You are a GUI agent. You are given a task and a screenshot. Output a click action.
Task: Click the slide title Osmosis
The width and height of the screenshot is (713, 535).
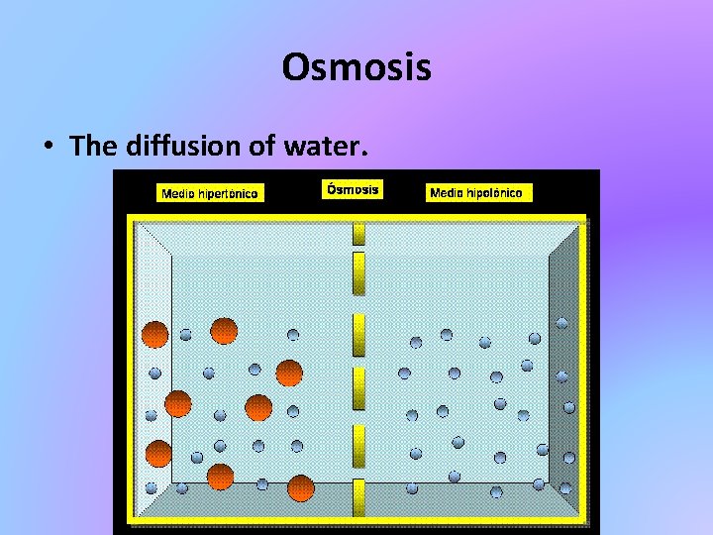tap(356, 67)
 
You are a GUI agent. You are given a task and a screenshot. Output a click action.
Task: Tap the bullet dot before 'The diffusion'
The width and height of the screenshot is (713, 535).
tap(48, 148)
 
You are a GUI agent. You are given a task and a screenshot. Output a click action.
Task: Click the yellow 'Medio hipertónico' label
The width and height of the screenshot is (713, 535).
tap(210, 193)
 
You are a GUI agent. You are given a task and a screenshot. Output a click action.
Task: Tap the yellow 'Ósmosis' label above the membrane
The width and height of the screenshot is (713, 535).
tap(354, 189)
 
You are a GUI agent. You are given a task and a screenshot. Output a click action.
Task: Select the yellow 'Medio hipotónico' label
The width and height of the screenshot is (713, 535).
tap(480, 192)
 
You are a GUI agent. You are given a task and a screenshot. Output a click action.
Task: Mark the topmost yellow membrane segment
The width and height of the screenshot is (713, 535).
tap(358, 233)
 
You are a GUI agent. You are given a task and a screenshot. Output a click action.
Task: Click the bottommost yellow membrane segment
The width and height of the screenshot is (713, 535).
tap(358, 505)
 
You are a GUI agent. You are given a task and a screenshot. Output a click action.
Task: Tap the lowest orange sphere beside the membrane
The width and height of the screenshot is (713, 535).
tap(300, 489)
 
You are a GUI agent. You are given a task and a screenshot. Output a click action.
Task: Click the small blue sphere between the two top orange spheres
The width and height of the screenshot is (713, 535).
tap(186, 335)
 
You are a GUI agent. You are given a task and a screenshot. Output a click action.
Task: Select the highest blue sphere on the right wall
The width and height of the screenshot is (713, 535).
tap(561, 323)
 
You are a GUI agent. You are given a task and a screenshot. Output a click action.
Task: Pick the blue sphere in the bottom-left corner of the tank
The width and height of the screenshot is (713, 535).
tap(151, 487)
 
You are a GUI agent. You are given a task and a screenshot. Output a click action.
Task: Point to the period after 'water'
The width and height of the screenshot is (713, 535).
tap(364, 155)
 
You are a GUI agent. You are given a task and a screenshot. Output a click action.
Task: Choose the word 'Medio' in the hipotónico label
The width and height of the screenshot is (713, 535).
tap(448, 192)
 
